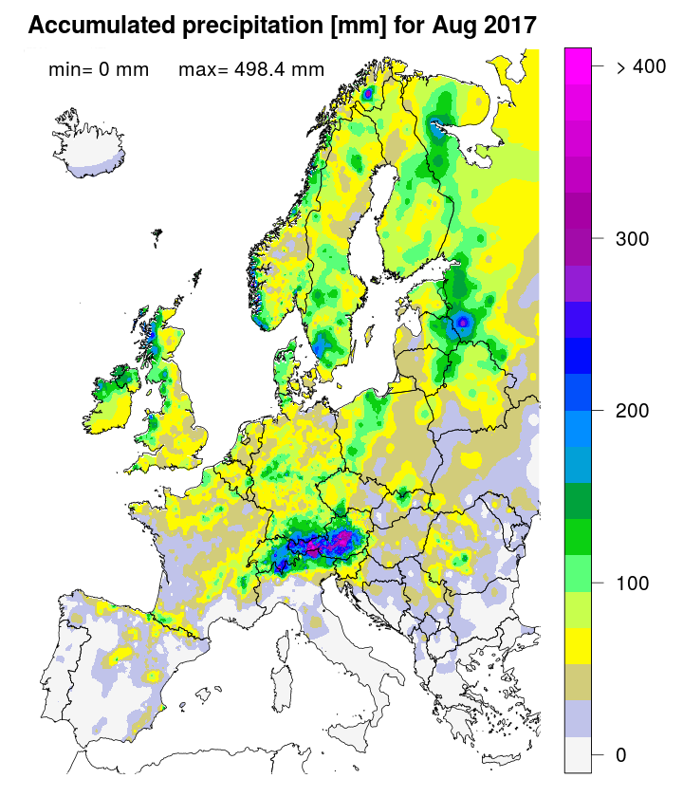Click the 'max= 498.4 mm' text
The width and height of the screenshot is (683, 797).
(251, 69)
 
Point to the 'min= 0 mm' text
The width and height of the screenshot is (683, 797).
(98, 69)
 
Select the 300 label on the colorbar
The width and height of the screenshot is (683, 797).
(632, 238)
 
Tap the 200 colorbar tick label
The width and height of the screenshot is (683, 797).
(632, 411)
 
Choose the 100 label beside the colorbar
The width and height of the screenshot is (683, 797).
(632, 583)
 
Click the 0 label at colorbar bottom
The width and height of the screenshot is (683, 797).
(620, 754)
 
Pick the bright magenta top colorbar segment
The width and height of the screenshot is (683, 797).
(579, 58)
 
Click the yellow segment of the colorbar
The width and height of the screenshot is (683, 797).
(579, 645)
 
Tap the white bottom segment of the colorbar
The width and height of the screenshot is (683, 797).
(579, 755)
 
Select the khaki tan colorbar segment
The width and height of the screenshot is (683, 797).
(579, 682)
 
